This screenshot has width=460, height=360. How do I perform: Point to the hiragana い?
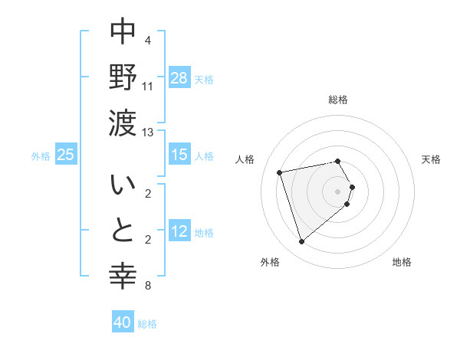(123, 186)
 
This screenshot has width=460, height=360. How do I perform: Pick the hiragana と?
(123, 230)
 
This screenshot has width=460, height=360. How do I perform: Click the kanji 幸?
(123, 274)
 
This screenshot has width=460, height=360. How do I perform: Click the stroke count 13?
(148, 133)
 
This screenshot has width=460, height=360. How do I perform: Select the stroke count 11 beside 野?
(148, 87)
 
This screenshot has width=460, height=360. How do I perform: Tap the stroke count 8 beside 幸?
(148, 286)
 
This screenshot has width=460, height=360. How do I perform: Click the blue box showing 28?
(179, 77)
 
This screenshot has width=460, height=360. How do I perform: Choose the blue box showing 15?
(179, 155)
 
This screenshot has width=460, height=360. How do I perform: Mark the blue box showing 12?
(179, 231)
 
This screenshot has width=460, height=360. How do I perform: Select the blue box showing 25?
(66, 155)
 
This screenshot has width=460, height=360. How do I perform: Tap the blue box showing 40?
(123, 322)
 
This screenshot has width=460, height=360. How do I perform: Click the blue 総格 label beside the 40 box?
(147, 324)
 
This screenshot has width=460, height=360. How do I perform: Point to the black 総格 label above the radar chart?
(338, 100)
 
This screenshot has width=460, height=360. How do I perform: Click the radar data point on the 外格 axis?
(301, 241)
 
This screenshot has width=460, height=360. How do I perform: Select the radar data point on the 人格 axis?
(280, 172)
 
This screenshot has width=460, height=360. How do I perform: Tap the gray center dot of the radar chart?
(338, 191)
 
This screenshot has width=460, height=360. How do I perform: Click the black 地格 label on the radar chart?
(402, 262)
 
